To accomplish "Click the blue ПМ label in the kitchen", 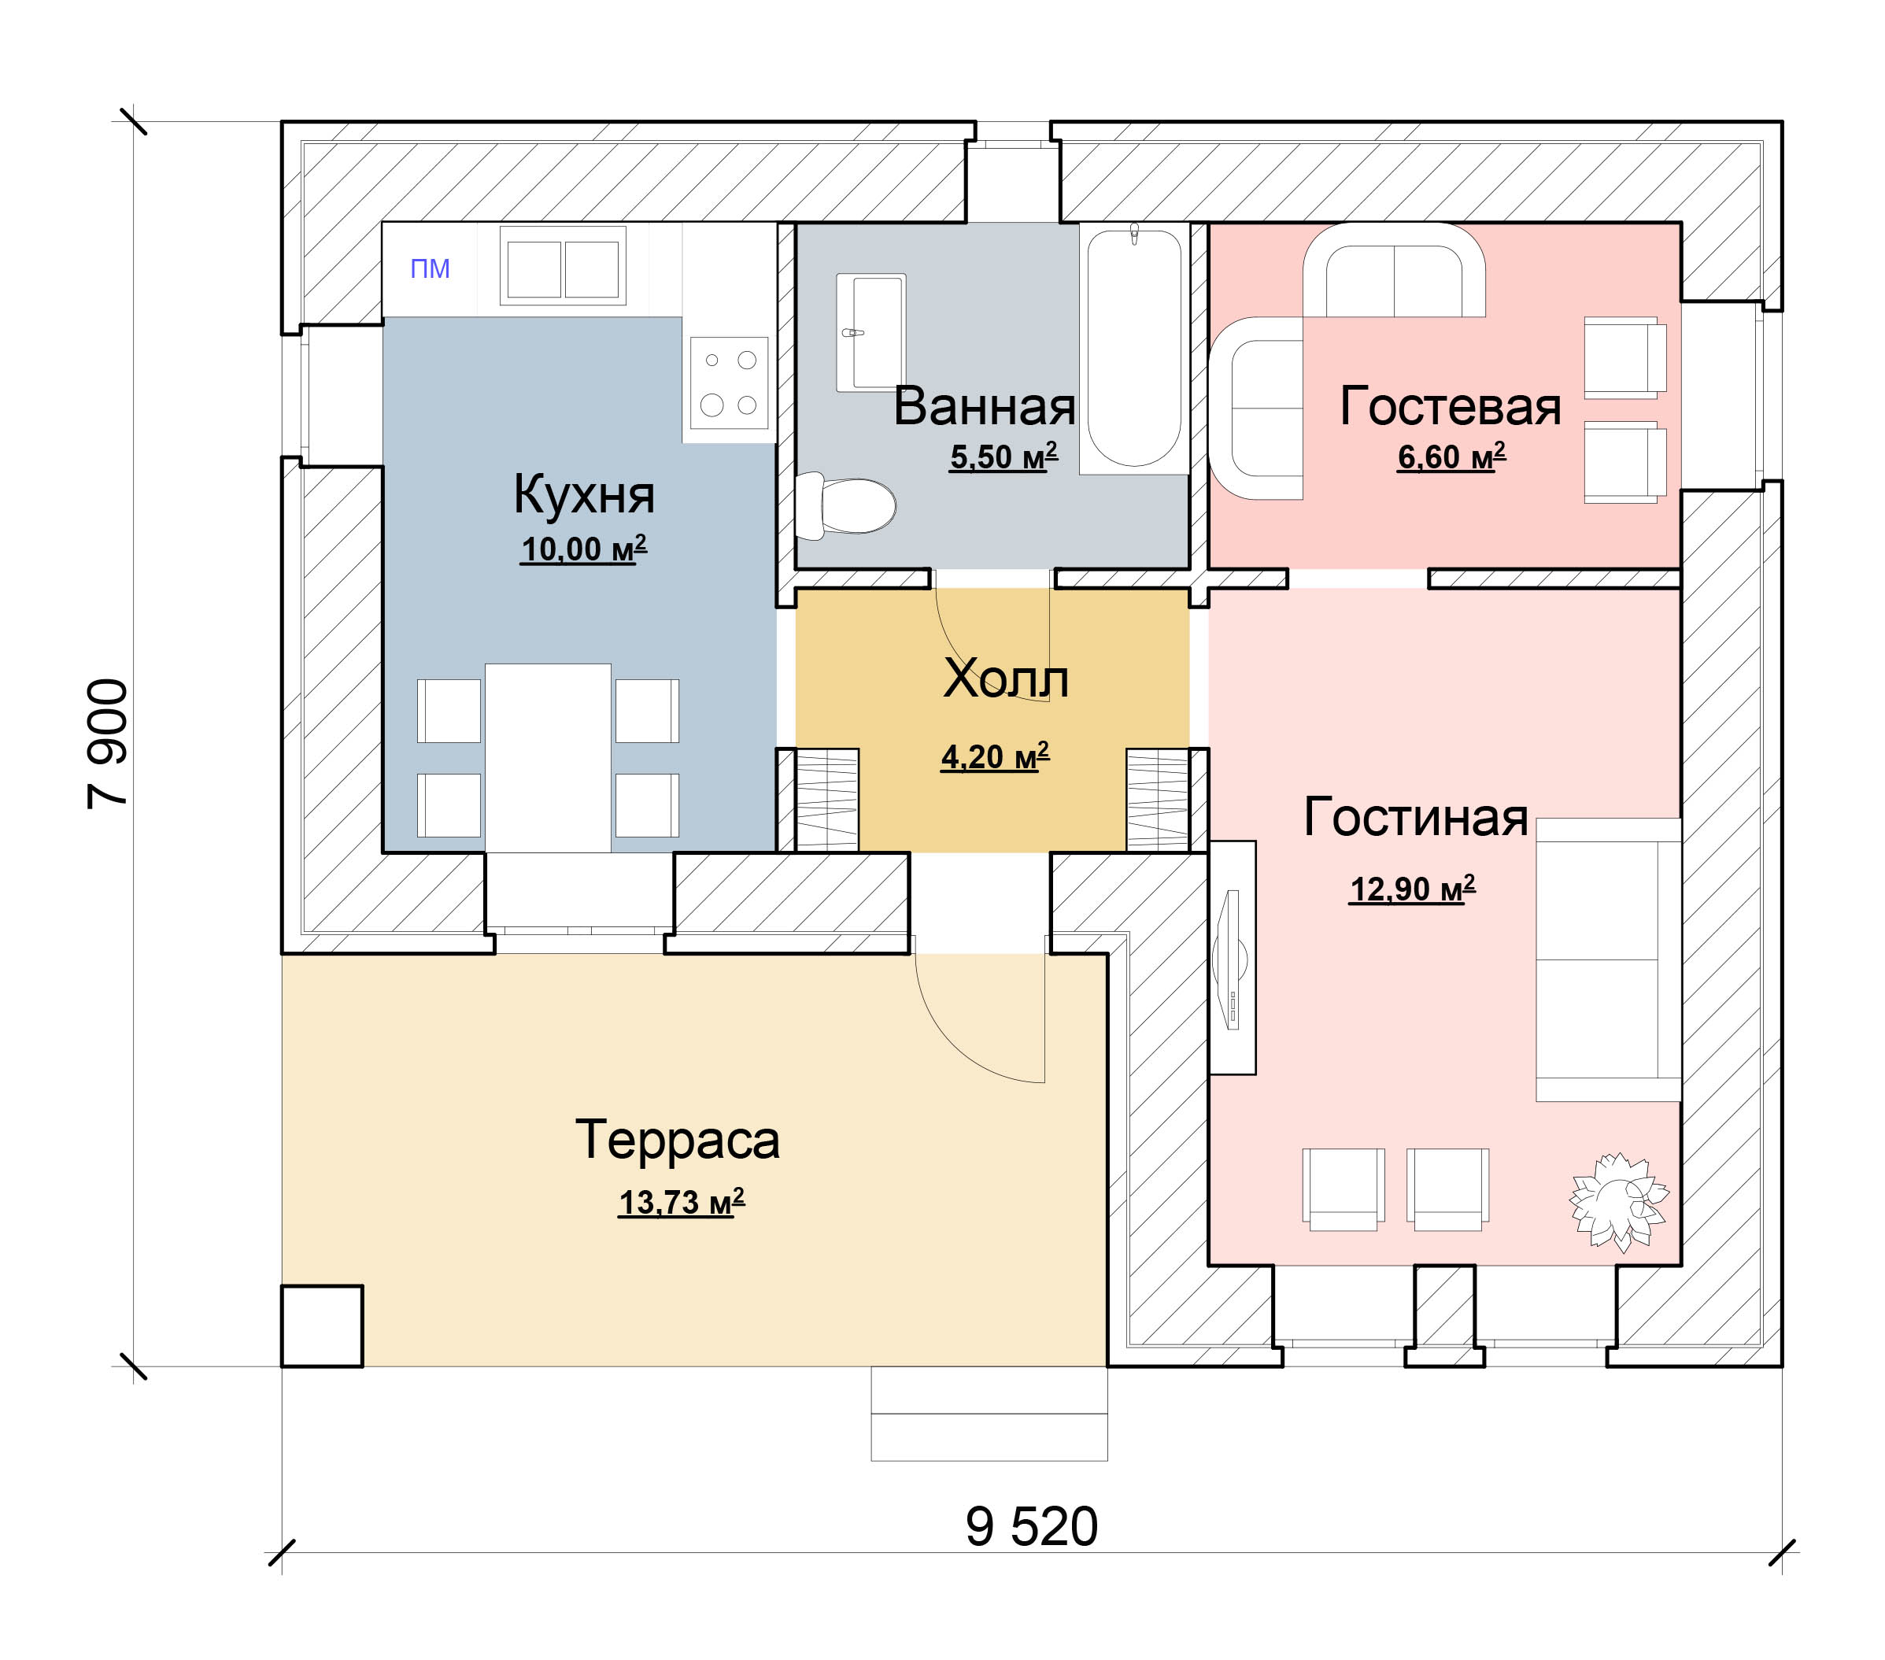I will [430, 268].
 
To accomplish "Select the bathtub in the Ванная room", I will [1133, 349].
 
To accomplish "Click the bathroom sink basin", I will [871, 332].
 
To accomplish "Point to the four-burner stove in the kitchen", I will [729, 383].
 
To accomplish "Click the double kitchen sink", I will [563, 267].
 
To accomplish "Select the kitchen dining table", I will [548, 757].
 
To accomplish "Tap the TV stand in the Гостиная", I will [1232, 957].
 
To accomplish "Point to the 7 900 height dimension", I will [107, 743].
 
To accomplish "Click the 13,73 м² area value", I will [681, 1203].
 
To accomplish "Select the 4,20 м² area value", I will [994, 757].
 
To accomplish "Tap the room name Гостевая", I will [1450, 407].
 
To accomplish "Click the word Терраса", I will [678, 1140].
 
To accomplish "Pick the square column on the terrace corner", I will [322, 1326].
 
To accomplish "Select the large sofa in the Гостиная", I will [1607, 959].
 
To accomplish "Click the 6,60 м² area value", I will [1451, 457].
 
